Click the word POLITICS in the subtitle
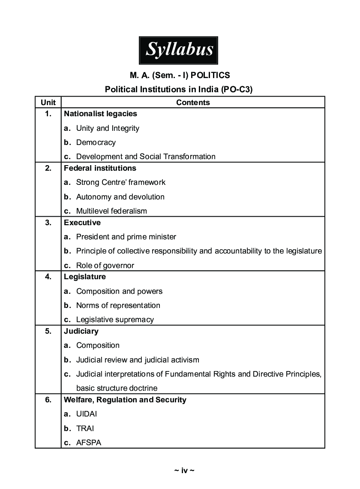coord(210,75)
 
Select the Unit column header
coord(48,103)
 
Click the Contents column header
coord(193,103)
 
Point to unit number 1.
coord(48,114)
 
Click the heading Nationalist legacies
coord(100,114)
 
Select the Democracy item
coord(96,142)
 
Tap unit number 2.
coord(48,168)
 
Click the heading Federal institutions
coord(100,168)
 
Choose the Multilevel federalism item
coord(111,211)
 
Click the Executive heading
coord(82,223)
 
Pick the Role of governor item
coord(105,266)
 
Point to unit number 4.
coord(48,277)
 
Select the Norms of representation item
coord(118,305)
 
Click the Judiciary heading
coord(81,331)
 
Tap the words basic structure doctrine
coord(117,388)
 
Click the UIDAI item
coord(87,414)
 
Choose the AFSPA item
coord(89,443)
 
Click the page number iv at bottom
coord(184,471)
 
